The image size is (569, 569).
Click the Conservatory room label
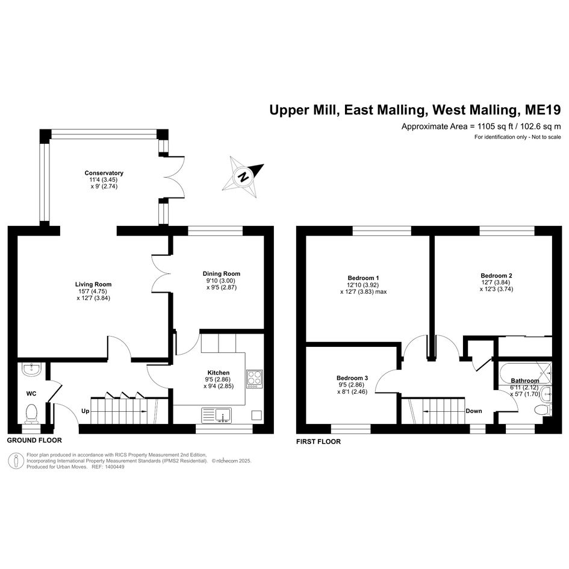click(x=104, y=173)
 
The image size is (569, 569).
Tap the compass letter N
click(x=243, y=177)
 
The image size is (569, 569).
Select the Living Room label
click(x=93, y=284)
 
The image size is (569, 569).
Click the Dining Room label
click(x=222, y=273)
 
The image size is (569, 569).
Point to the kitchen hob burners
click(x=254, y=379)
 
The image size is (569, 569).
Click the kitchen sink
click(x=216, y=415)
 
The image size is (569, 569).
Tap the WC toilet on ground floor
click(x=31, y=414)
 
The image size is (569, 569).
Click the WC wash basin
click(x=32, y=370)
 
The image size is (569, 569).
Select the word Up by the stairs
click(x=86, y=411)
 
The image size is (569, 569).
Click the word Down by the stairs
click(x=474, y=411)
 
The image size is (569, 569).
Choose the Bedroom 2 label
click(x=496, y=276)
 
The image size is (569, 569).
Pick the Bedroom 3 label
click(x=352, y=378)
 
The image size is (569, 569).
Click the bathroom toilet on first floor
click(x=543, y=409)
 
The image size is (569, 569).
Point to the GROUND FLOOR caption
click(x=34, y=440)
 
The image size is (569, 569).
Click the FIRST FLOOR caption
click(x=319, y=441)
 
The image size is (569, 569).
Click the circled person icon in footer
click(x=16, y=461)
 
